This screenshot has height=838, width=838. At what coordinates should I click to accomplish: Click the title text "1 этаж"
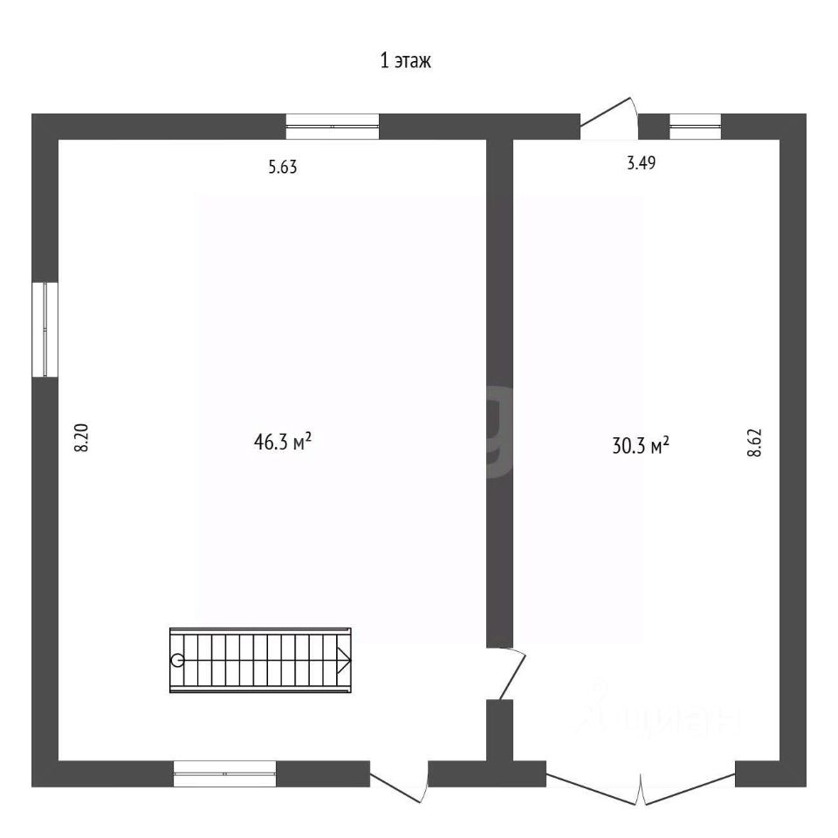pyautogui.click(x=405, y=60)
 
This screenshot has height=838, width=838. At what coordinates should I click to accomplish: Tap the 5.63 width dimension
pyautogui.click(x=282, y=168)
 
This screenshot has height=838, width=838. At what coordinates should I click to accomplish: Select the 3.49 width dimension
pyautogui.click(x=641, y=162)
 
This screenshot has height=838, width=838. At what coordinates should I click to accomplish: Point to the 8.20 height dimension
pyautogui.click(x=81, y=437)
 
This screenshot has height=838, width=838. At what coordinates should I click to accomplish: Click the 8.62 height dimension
pyautogui.click(x=754, y=443)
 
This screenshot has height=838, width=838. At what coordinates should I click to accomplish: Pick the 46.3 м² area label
pyautogui.click(x=282, y=442)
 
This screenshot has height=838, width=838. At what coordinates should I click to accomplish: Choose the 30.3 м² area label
pyautogui.click(x=640, y=445)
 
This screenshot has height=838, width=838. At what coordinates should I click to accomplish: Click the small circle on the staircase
pyautogui.click(x=177, y=660)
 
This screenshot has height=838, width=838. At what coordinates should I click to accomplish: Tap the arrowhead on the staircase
pyautogui.click(x=344, y=660)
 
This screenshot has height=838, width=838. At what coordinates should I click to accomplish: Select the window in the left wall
pyautogui.click(x=45, y=330)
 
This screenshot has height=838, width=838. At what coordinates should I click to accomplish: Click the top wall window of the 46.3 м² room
pyautogui.click(x=333, y=127)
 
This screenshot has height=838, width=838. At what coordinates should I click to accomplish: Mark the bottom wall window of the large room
pyautogui.click(x=224, y=773)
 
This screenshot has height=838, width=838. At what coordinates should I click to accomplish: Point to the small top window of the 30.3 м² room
pyautogui.click(x=695, y=127)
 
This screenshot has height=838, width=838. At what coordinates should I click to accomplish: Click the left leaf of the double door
pyautogui.click(x=594, y=782)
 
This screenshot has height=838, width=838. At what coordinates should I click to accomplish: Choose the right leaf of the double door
pyautogui.click(x=689, y=782)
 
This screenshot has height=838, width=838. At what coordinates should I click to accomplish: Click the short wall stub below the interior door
pyautogui.click(x=499, y=730)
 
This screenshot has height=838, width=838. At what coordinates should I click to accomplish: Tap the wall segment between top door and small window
pyautogui.click(x=654, y=127)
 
